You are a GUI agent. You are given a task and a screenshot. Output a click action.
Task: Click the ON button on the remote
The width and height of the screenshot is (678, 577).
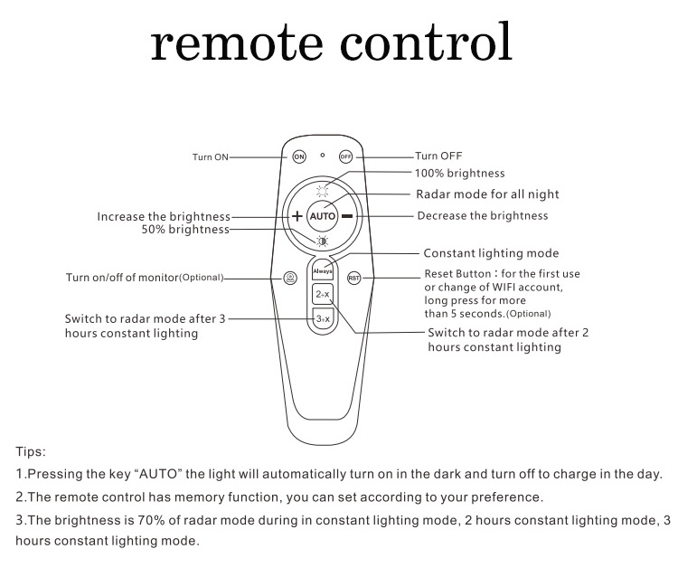pyautogui.click(x=299, y=156)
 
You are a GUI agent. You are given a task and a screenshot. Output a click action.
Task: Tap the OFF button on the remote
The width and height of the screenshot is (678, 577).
pyautogui.click(x=345, y=156)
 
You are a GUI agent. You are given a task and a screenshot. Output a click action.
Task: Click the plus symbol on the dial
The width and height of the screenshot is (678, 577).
pyautogui.click(x=297, y=216)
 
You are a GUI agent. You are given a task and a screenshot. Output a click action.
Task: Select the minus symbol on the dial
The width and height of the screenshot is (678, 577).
pyautogui.click(x=348, y=216)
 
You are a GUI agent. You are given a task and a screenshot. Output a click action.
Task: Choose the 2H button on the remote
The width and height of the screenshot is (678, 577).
pyautogui.click(x=322, y=295)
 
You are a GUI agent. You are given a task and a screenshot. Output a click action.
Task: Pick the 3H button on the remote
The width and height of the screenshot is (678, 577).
pyautogui.click(x=322, y=319)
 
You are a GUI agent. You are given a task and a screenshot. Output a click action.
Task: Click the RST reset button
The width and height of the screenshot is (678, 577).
pyautogui.click(x=353, y=278)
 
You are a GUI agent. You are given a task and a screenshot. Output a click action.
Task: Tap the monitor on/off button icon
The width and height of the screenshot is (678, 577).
pyautogui.click(x=290, y=278)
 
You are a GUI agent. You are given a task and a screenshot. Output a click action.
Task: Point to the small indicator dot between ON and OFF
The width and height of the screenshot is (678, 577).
pyautogui.click(x=323, y=155)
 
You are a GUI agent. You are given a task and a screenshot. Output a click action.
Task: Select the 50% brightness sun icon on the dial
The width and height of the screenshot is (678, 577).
pyautogui.click(x=322, y=240)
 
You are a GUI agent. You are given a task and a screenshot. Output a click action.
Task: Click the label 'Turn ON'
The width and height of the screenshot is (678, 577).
pyautogui.click(x=210, y=157)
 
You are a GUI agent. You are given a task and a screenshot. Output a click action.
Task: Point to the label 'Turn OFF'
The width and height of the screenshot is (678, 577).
pyautogui.click(x=438, y=156)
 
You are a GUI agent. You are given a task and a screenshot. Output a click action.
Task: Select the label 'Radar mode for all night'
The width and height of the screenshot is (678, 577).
pyautogui.click(x=487, y=194)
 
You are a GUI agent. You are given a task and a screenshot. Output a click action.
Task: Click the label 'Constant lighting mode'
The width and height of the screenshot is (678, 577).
pyautogui.click(x=491, y=254)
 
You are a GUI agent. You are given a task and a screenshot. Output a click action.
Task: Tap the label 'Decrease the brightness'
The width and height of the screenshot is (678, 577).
pyautogui.click(x=482, y=216)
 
